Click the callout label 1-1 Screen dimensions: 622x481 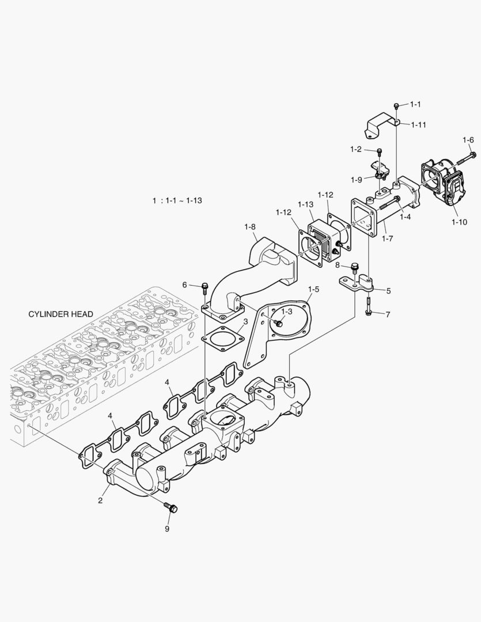point(415,104)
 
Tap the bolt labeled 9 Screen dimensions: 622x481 point(172,507)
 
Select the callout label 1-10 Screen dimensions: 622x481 point(460,221)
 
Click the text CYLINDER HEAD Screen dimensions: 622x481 point(60,314)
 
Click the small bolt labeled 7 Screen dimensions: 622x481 point(369,312)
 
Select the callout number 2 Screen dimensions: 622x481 point(100,500)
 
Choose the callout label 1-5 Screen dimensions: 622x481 point(313,288)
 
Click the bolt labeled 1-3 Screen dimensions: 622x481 point(279,324)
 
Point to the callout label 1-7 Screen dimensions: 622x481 point(387,237)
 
